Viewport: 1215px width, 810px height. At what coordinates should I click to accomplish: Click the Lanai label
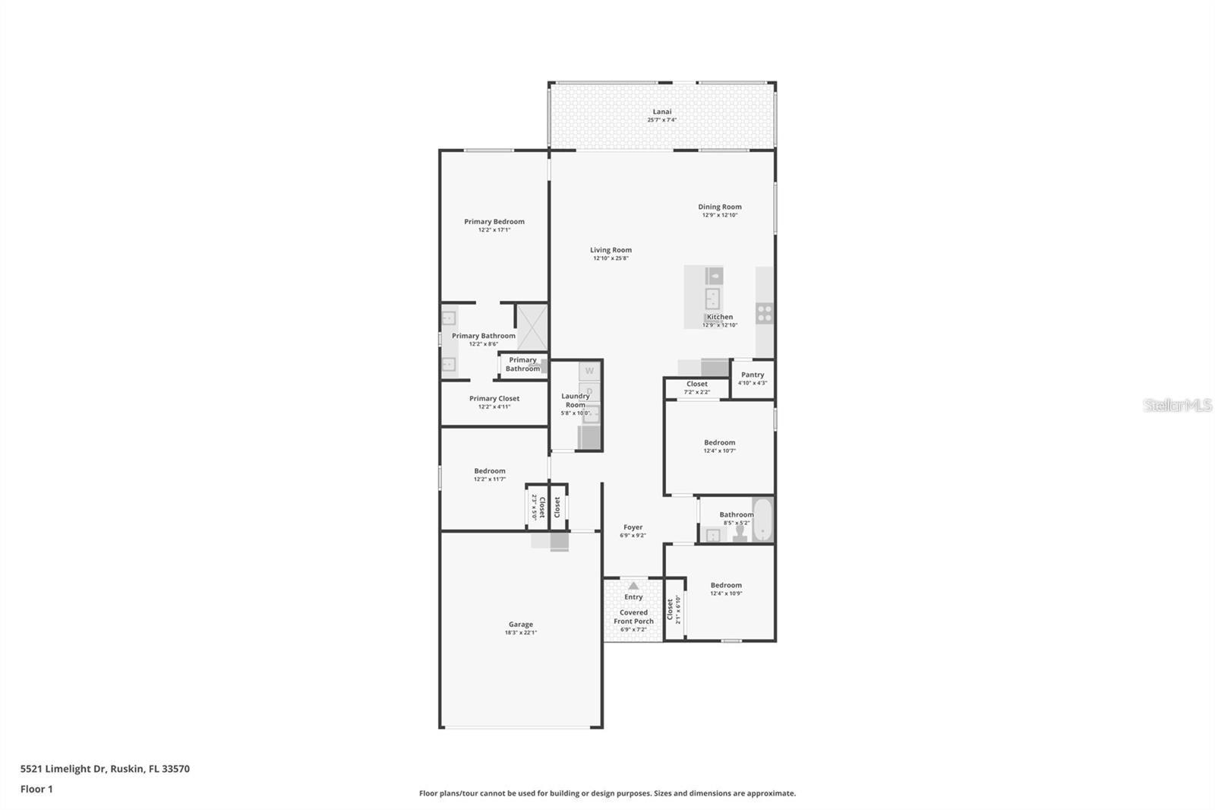point(661,112)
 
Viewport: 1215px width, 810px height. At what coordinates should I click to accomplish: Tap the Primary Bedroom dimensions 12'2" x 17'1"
point(494,230)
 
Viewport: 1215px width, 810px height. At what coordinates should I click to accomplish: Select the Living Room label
point(611,250)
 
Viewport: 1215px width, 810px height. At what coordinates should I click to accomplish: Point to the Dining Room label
point(719,207)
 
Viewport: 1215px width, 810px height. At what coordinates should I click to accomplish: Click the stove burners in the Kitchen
point(764,313)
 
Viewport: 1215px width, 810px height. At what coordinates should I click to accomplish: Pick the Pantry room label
point(753,375)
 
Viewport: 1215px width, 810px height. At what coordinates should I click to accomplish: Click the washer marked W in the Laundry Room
point(589,371)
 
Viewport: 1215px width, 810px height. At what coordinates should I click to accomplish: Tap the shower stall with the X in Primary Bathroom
point(532,327)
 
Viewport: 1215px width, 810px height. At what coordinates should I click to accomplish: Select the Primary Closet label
point(494,398)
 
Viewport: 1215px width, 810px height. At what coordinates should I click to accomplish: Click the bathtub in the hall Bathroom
point(762,520)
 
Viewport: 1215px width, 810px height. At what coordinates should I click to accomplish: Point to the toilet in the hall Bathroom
point(740,534)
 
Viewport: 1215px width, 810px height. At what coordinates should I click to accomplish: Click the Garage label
point(520,625)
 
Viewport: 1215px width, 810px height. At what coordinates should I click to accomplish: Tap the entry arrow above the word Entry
point(633,585)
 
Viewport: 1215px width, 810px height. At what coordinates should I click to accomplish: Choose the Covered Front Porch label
point(633,616)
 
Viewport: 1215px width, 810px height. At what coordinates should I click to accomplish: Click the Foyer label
point(633,527)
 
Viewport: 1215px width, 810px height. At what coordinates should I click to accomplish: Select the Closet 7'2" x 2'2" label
point(696,384)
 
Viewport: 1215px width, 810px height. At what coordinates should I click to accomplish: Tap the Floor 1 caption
point(36,789)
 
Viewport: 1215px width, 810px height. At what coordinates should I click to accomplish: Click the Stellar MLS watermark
point(1177,406)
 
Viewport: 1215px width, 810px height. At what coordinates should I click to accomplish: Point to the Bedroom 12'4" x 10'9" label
point(726,585)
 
